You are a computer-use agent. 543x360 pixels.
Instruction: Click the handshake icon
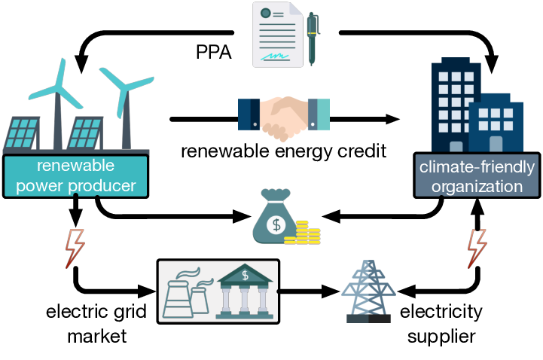(x=283, y=118)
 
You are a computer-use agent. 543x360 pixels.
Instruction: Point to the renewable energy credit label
(x=283, y=152)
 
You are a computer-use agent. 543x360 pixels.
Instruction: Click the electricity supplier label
(x=441, y=323)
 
